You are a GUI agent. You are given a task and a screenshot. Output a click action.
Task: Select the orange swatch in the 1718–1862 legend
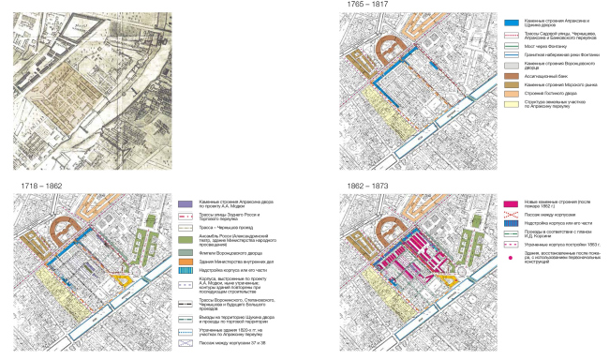(x=185, y=258)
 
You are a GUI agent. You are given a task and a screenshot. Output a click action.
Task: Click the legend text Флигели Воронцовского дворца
(x=221, y=247)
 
